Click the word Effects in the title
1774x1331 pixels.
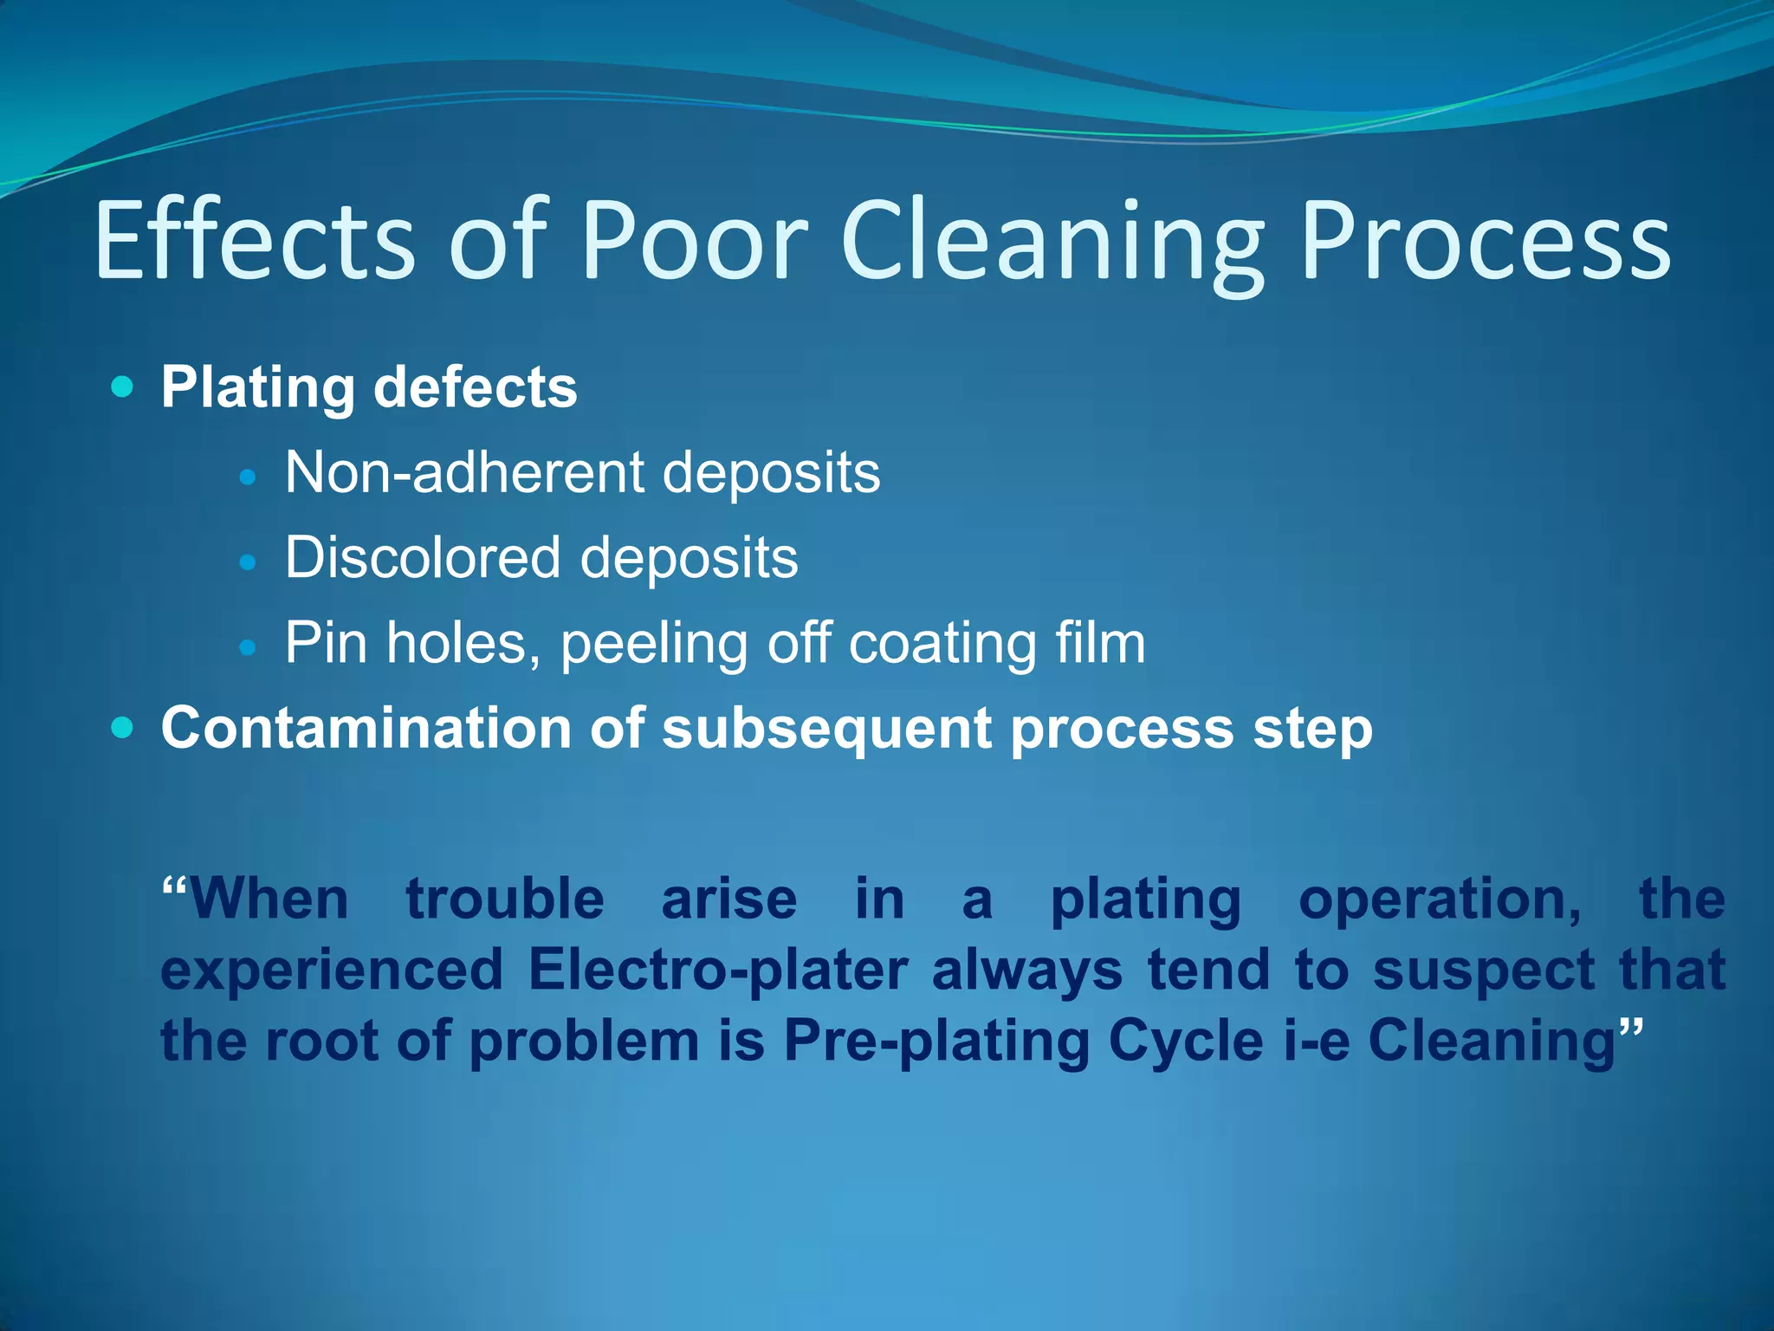(x=256, y=241)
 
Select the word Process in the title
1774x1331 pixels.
(x=1485, y=241)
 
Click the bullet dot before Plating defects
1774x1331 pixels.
(x=123, y=386)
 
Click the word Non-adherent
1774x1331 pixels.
(x=464, y=472)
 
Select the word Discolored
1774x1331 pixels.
(x=423, y=557)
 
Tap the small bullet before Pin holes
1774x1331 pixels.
(x=248, y=646)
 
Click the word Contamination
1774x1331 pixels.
(x=366, y=727)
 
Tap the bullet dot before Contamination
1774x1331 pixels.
(x=123, y=728)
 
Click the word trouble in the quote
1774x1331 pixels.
(x=505, y=899)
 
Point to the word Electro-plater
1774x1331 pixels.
(x=718, y=970)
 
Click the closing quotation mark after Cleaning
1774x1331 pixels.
(x=1629, y=1029)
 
